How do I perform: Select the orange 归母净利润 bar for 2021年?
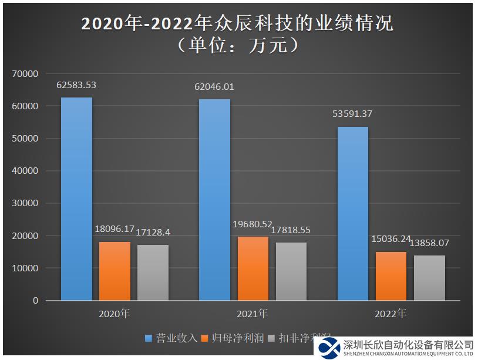pos(253,268)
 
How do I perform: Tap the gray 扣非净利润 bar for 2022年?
pos(429,278)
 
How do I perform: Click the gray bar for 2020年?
pos(153,272)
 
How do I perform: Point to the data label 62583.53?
pos(76,85)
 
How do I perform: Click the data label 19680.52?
pos(253,224)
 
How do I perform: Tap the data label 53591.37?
pos(352,114)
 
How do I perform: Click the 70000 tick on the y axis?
pos(25,74)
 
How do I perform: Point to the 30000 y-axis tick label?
pos(25,203)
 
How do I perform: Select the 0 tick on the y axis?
pos(35,301)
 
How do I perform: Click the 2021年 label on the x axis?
pos(253,314)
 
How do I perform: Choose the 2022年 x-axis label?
pos(391,314)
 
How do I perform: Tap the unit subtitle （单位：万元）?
pos(238,45)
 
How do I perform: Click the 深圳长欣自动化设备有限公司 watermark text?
pos(408,345)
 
